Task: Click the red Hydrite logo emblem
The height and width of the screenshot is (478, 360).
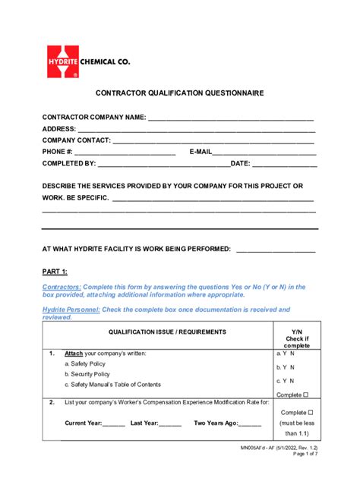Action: [x=63, y=61]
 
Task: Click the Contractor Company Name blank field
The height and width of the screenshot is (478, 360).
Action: [x=231, y=118]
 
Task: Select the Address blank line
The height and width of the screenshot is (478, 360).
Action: [x=196, y=129]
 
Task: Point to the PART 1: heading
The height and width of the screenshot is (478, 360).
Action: [x=55, y=271]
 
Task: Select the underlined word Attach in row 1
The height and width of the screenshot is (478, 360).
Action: [x=74, y=354]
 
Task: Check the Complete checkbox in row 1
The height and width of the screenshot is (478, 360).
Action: [x=305, y=395]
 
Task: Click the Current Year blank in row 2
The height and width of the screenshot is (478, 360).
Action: [x=113, y=423]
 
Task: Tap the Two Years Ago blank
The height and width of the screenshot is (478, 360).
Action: [x=250, y=423]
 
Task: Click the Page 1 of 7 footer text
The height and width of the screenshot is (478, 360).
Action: [x=302, y=475]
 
